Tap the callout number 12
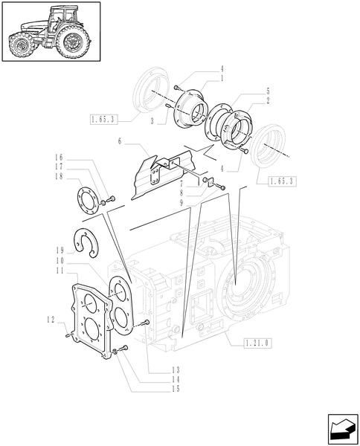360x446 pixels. tap(51, 320)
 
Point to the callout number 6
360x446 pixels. tap(119, 140)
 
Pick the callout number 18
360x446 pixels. tap(57, 176)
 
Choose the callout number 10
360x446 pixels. tap(57, 261)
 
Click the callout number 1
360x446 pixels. tap(222, 78)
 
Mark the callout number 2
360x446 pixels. tap(246, 101)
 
